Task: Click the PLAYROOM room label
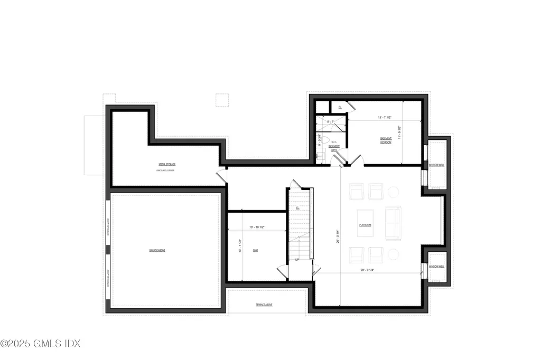[365, 225]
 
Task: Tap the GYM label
[255, 250]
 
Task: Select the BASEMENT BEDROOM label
[386, 141]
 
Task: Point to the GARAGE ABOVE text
[157, 250]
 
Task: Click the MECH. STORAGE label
[167, 164]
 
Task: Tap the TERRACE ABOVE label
[264, 305]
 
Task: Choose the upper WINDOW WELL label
[436, 165]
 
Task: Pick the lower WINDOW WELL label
[436, 267]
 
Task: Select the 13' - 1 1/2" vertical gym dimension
[240, 246]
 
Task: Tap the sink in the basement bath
[319, 156]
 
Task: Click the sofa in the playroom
[394, 222]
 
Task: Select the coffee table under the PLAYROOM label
[365, 222]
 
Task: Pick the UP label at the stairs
[297, 260]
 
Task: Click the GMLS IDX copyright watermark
[40, 344]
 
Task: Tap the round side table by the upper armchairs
[394, 191]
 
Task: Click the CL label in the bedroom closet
[340, 107]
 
